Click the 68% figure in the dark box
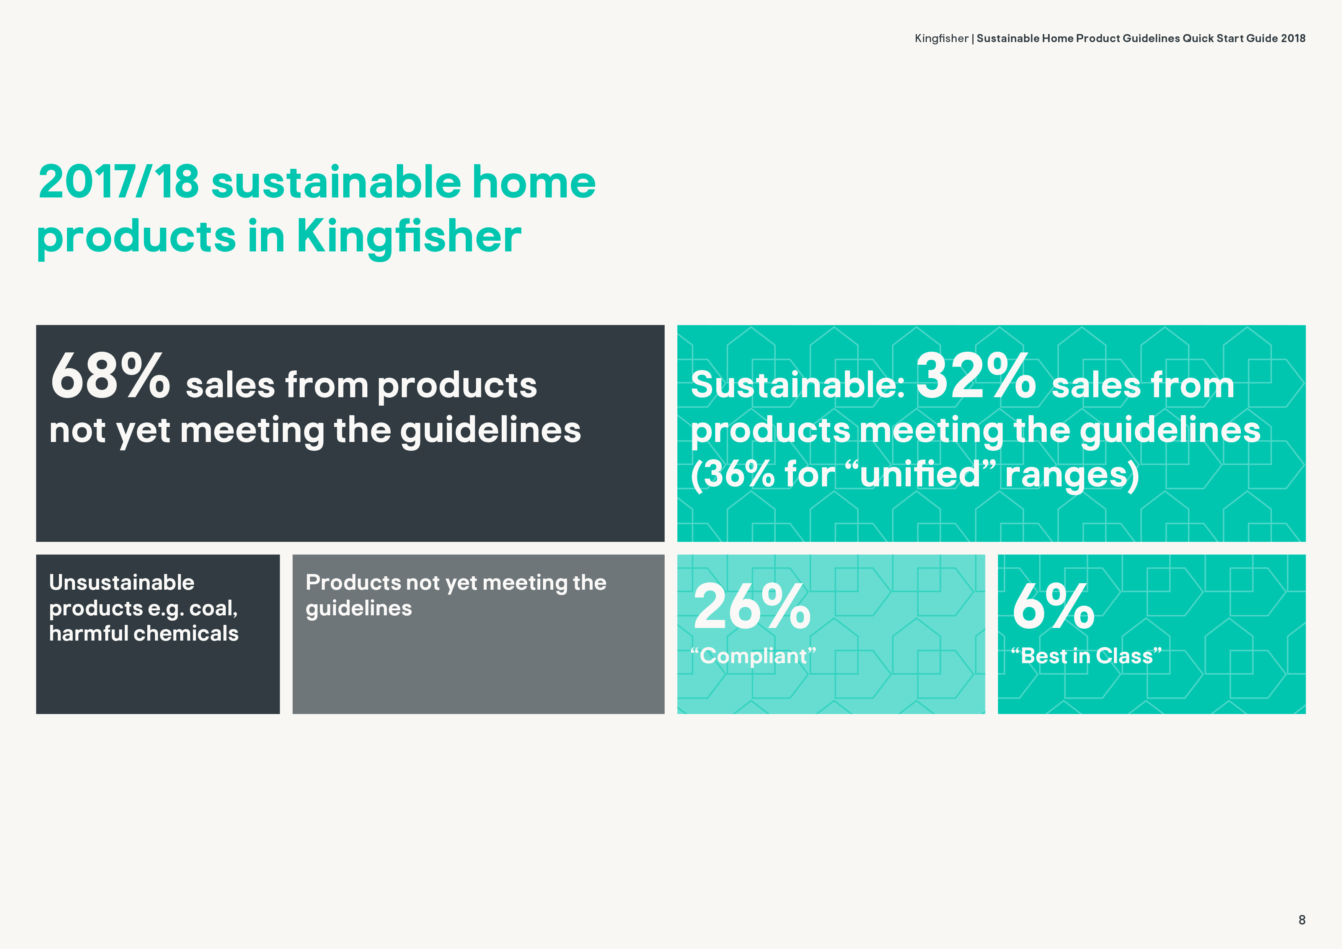click(x=111, y=376)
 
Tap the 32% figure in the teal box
click(x=975, y=376)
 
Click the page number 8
click(x=1302, y=920)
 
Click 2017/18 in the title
click(x=119, y=182)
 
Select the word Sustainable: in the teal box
click(x=798, y=385)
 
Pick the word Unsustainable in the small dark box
click(x=122, y=583)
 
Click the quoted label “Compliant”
click(x=753, y=655)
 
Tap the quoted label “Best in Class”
click(x=1086, y=655)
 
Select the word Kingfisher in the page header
click(x=941, y=39)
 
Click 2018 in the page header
click(x=1293, y=39)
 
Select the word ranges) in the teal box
click(x=1072, y=475)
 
